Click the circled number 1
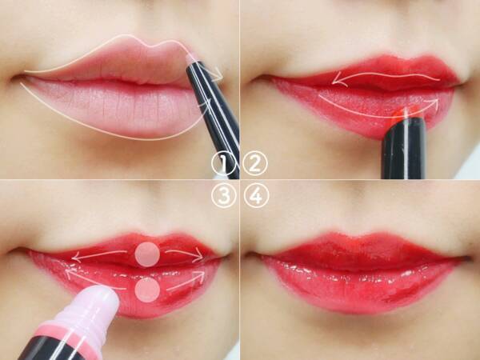pos(223,164)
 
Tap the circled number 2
pos(255,163)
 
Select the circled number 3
pos(224,196)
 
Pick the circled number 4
pos(257,196)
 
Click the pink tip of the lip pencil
pos(193,58)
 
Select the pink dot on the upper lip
pos(147,254)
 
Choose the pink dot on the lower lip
pos(147,290)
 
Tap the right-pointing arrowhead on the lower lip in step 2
pos(434,103)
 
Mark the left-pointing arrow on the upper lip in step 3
pos(99,254)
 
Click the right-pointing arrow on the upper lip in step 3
pos(185,253)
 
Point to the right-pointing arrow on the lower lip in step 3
pos(186,281)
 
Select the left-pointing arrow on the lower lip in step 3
pos(95,279)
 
